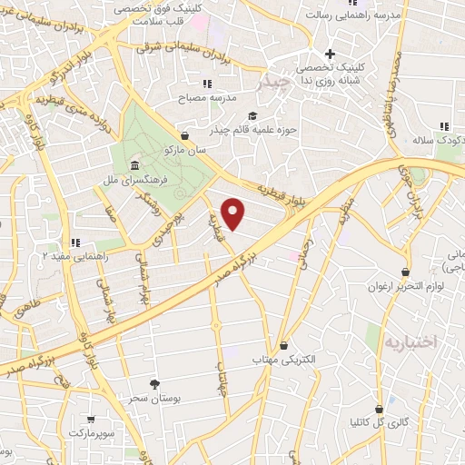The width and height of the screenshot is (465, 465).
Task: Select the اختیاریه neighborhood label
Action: click(x=411, y=342)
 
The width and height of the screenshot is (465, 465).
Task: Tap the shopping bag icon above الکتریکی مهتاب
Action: click(x=285, y=345)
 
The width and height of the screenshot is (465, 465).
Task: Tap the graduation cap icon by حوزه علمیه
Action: click(x=252, y=115)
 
